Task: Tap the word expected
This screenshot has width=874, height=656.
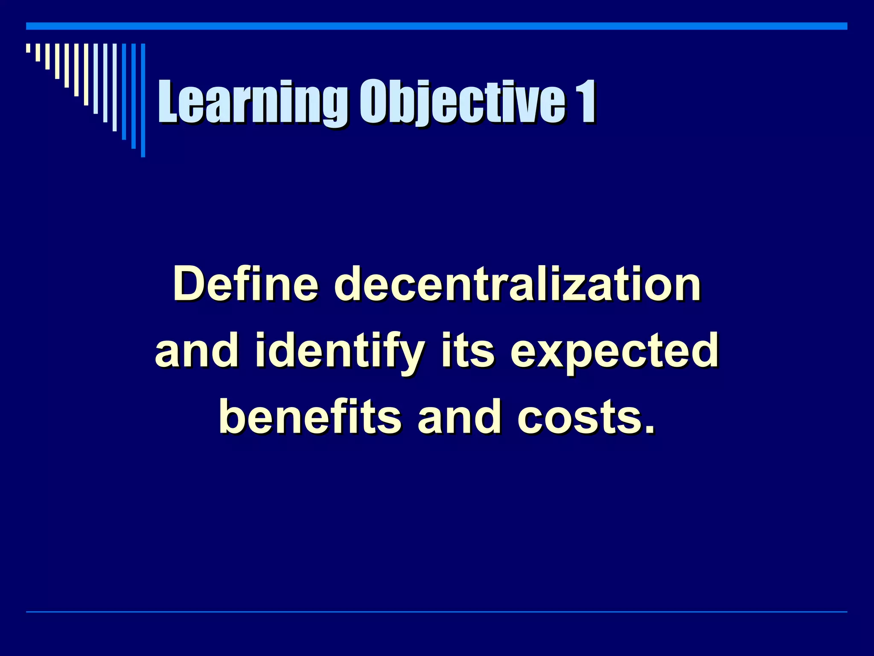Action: coord(615,351)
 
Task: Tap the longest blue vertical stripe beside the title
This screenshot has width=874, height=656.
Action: coord(143,100)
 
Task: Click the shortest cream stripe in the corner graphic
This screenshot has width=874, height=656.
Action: coord(28,48)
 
